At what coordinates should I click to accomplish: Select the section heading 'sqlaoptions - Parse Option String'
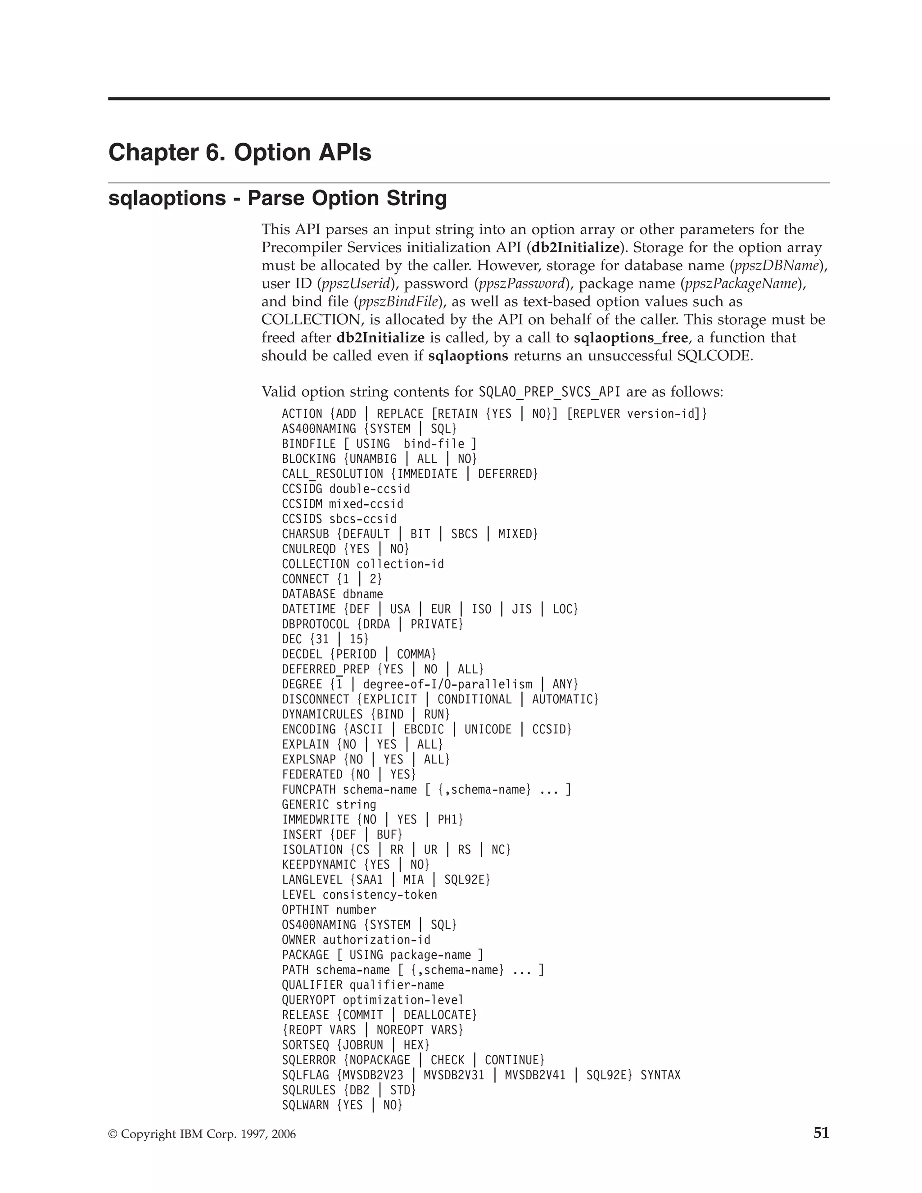(x=277, y=198)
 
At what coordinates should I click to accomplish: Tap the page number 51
(x=821, y=1133)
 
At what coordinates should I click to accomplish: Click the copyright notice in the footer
(x=202, y=1134)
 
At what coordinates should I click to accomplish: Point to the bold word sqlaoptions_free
(x=630, y=338)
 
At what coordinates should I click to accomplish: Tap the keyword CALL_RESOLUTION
(x=333, y=474)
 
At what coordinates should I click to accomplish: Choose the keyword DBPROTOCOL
(x=315, y=624)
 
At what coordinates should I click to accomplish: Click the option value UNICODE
(x=488, y=729)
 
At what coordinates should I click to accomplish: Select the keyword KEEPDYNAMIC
(x=319, y=865)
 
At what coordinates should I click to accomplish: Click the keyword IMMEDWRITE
(x=315, y=819)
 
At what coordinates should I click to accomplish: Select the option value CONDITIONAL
(x=474, y=699)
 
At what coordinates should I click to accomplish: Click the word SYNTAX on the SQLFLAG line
(x=660, y=1075)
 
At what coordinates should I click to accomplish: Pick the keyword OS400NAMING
(x=319, y=925)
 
